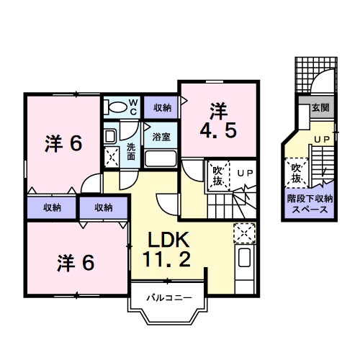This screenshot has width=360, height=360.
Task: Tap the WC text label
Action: pyautogui.click(x=133, y=107)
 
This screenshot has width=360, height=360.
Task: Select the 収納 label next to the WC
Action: pyautogui.click(x=162, y=107)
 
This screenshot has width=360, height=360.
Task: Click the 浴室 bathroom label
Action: pyautogui.click(x=161, y=135)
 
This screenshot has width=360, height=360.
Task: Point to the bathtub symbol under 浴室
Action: pyautogui.click(x=161, y=158)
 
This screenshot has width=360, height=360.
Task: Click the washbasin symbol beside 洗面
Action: pyautogui.click(x=109, y=135)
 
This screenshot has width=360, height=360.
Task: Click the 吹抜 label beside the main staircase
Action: pyautogui.click(x=217, y=176)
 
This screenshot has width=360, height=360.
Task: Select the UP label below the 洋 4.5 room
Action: pyautogui.click(x=245, y=173)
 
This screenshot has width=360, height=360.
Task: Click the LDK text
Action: pyautogui.click(x=170, y=240)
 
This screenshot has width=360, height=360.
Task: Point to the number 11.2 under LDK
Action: pyautogui.click(x=170, y=260)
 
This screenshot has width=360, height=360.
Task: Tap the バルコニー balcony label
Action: pyautogui.click(x=168, y=297)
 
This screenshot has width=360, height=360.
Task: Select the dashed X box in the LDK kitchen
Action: pyautogui.click(x=244, y=232)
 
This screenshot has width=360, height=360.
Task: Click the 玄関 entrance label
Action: pyautogui.click(x=320, y=108)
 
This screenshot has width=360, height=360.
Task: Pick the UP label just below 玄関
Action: pyautogui.click(x=321, y=138)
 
